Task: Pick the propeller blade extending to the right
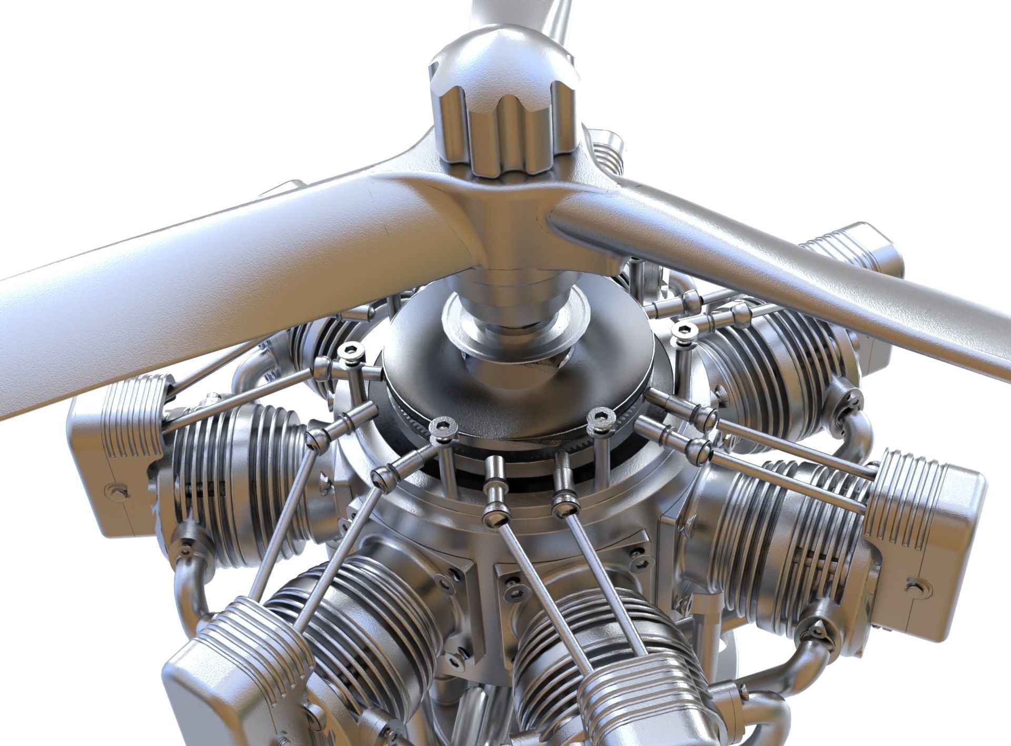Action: pos(790,274)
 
